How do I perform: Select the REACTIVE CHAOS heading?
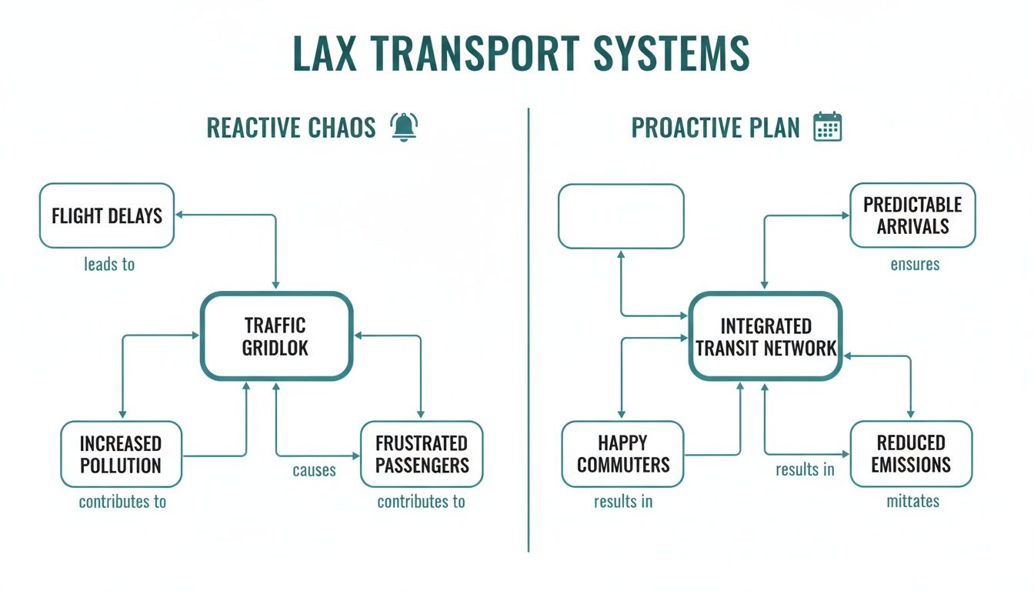[291, 128]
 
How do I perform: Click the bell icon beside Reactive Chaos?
[403, 127]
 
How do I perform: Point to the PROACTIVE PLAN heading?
[715, 128]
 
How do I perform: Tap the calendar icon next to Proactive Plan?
[828, 127]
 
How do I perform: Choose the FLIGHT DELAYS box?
[107, 215]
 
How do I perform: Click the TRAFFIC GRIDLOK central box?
[276, 336]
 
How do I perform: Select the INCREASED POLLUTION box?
[121, 454]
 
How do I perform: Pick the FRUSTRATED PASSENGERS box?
[422, 454]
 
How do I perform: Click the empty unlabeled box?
[621, 216]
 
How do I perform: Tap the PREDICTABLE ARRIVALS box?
[912, 215]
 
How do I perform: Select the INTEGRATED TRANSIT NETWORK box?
[765, 336]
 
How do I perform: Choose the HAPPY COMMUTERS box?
[622, 454]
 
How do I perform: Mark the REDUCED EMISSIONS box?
[911, 454]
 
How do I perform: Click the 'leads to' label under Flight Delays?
[109, 265]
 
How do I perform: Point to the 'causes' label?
[314, 470]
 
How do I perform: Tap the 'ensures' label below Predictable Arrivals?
[915, 265]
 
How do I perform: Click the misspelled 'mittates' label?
[912, 502]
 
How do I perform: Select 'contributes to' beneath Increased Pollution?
[122, 503]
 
